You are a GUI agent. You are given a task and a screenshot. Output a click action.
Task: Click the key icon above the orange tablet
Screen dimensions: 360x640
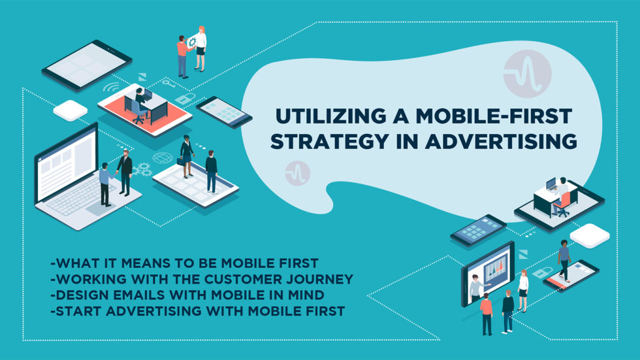(168, 83)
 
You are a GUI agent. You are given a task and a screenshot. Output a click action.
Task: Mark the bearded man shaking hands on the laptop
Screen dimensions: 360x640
(125, 171)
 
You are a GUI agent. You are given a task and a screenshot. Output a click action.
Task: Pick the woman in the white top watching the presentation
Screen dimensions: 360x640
(523, 290)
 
